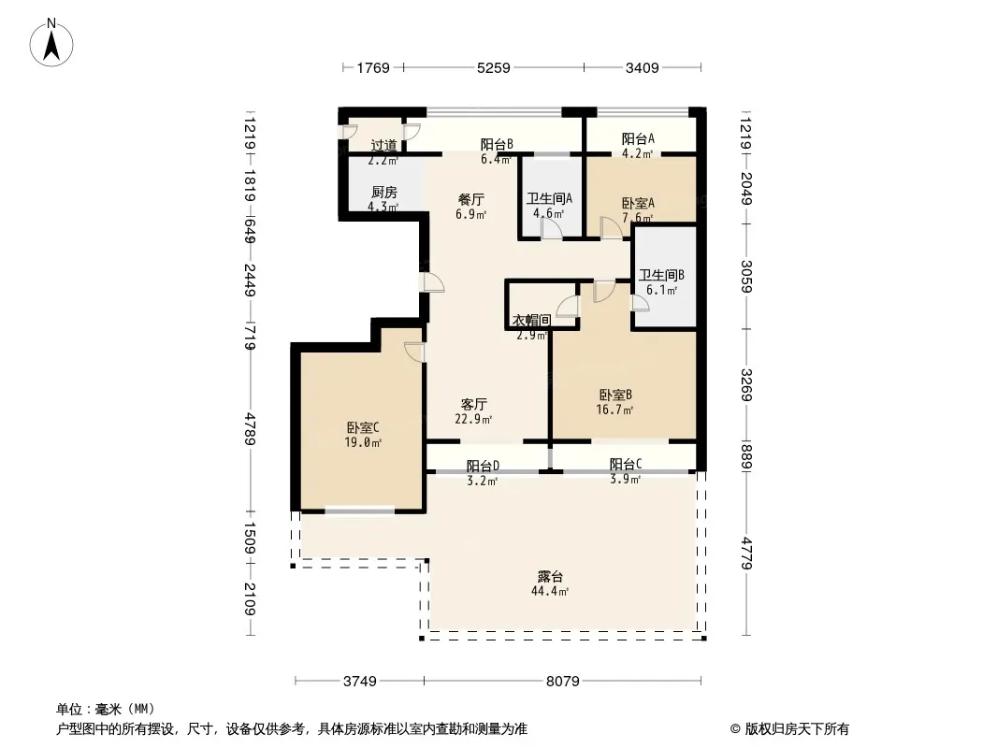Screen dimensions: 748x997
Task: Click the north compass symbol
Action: point(52,41)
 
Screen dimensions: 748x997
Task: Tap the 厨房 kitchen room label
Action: point(383,192)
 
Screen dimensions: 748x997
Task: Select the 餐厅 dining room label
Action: point(470,199)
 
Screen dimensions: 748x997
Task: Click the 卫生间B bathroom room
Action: point(662,280)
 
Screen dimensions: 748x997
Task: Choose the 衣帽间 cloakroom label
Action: point(531,320)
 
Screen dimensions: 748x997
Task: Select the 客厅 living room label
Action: point(474,404)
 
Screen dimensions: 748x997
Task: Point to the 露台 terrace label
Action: point(550,576)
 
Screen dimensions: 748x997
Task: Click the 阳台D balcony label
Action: point(483,466)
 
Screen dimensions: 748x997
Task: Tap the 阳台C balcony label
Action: point(625,465)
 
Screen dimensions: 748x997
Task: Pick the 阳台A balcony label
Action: point(638,138)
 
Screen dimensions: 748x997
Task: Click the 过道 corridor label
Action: point(383,145)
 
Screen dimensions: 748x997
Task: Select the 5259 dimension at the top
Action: point(493,67)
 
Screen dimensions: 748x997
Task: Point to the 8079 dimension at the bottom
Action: point(562,681)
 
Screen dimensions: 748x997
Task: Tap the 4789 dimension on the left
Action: point(251,430)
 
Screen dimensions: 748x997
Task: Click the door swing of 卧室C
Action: point(414,352)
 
